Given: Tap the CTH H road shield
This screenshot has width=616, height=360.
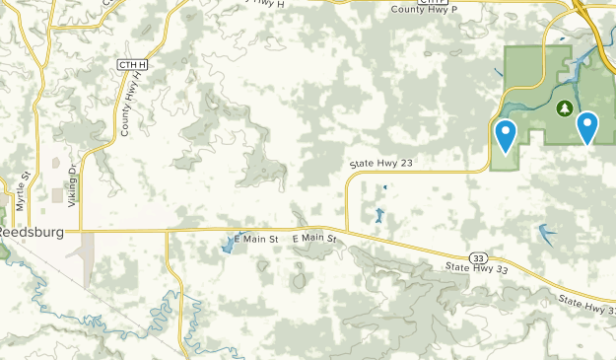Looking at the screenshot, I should click(131, 64).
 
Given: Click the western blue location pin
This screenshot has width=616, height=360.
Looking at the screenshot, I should click(506, 135).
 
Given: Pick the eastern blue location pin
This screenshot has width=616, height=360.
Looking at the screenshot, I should click(587, 127).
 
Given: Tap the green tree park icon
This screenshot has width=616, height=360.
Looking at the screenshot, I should click(565, 107).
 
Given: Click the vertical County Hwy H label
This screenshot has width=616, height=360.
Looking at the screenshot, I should click(127, 108).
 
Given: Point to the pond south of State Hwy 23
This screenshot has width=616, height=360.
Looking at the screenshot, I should click(378, 215).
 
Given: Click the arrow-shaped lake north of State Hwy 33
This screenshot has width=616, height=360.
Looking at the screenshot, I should click(545, 234).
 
